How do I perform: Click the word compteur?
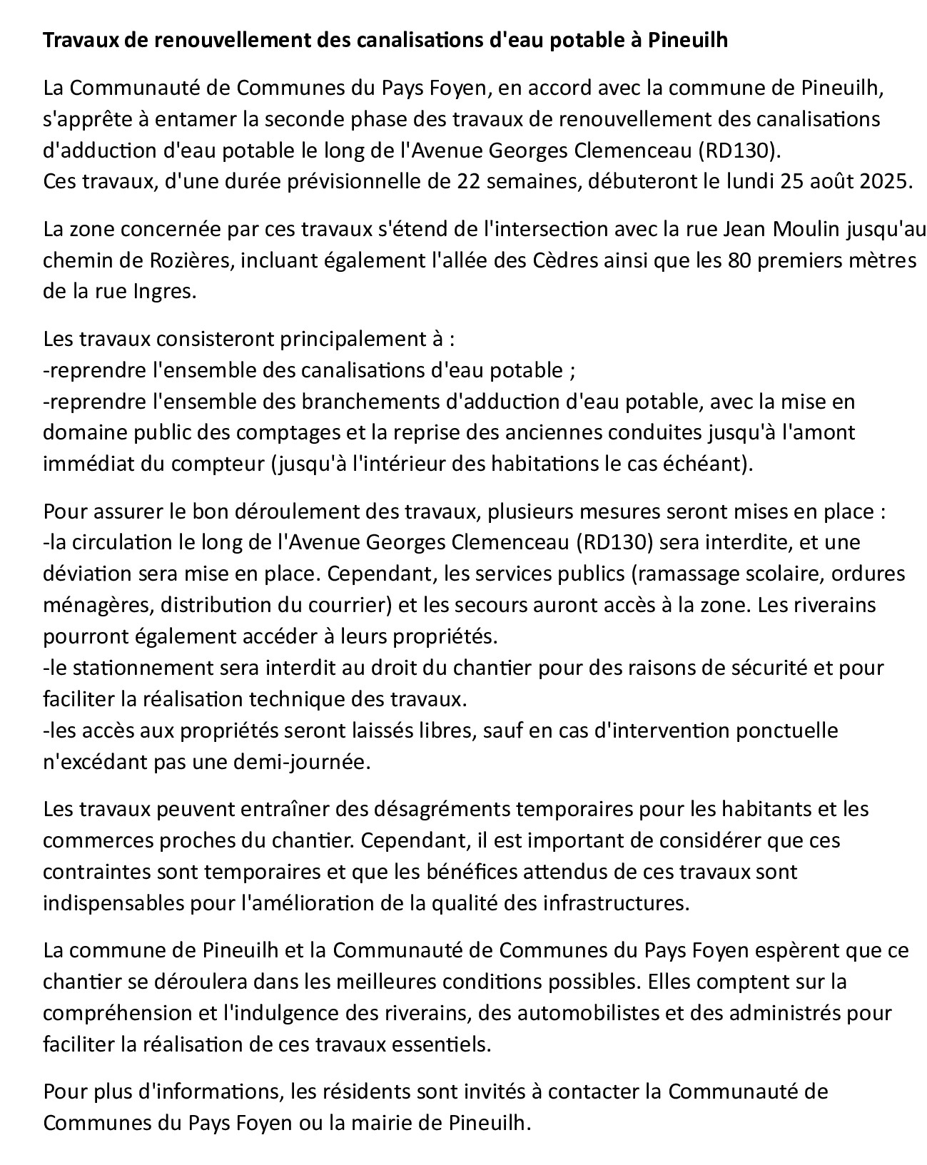[219, 464]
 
